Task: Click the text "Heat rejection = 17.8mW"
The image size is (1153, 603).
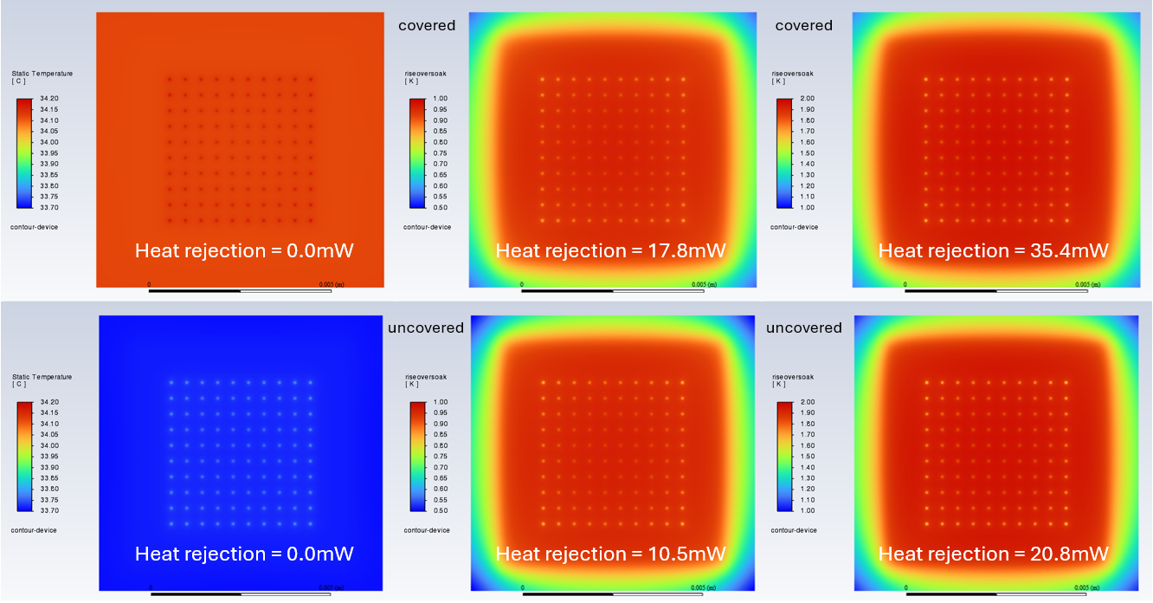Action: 610,251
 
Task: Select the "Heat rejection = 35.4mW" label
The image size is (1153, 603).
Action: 993,251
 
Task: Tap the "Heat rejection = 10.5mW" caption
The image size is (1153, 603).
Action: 610,554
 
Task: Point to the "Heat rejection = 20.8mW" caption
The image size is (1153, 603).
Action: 993,554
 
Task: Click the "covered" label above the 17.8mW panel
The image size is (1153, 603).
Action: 427,25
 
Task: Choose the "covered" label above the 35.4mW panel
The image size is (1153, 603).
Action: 803,25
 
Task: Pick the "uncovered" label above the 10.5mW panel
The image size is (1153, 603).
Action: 426,327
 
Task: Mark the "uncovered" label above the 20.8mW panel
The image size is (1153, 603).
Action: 803,327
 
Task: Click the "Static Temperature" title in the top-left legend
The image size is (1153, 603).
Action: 42,73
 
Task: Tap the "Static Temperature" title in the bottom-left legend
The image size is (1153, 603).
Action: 42,377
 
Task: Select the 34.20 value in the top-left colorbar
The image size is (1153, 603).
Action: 49,99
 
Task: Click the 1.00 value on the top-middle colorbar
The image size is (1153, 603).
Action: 441,99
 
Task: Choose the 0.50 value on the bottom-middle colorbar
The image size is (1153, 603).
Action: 441,511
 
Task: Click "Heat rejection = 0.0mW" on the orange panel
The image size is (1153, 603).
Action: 244,251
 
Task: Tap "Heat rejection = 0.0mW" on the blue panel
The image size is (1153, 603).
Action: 244,554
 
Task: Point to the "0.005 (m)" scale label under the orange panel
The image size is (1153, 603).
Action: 335,283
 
